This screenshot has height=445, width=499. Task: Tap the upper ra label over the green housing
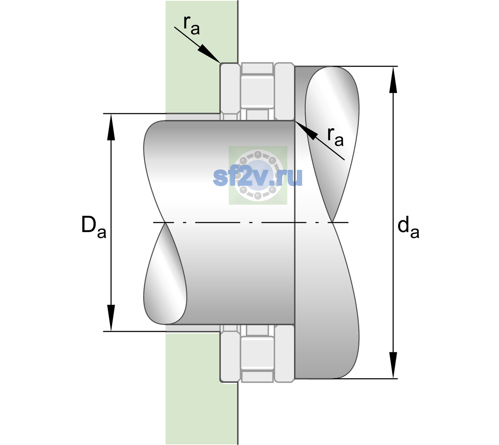[191, 26]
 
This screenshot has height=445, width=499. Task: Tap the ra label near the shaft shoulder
[335, 137]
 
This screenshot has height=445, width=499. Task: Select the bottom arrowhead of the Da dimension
[111, 318]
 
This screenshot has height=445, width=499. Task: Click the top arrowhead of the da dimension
[393, 80]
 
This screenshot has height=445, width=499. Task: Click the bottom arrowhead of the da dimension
[393, 365]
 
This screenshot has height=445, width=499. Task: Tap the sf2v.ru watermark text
[258, 177]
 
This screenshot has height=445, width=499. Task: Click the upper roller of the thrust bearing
[257, 92]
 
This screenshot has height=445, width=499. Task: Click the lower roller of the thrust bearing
[257, 353]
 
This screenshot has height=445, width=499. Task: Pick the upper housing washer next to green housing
[230, 92]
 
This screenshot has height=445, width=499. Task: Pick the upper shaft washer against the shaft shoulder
[284, 92]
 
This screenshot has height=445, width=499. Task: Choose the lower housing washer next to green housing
[230, 353]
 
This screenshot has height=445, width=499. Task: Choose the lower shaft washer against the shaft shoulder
[284, 353]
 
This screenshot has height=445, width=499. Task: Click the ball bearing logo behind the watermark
[258, 175]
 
